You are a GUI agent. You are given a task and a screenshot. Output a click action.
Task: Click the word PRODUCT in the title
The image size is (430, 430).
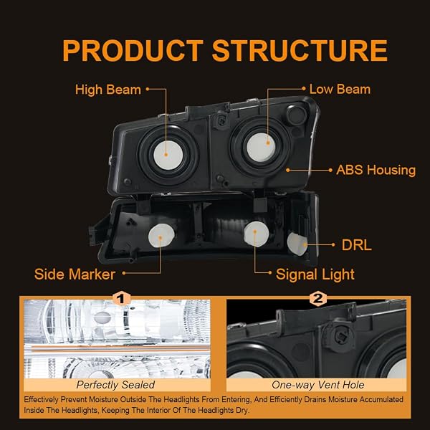point(133,51)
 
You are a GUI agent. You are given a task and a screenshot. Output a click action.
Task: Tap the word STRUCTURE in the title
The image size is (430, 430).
point(300,51)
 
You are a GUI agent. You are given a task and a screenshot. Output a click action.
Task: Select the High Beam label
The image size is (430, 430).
point(108,90)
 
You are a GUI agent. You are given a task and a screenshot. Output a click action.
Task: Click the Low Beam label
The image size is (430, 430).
point(340,89)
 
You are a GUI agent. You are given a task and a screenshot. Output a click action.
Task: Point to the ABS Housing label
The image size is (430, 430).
point(376,170)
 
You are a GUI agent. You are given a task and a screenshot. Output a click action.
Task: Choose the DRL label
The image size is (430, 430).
point(356,245)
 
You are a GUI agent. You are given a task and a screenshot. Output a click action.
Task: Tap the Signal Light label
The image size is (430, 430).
point(315,274)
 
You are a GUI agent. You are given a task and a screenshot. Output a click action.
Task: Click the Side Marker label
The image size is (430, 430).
point(75,274)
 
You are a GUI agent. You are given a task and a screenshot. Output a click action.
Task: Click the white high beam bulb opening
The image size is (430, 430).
point(168,156)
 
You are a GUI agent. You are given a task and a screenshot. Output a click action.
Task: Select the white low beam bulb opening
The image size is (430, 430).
point(262,148)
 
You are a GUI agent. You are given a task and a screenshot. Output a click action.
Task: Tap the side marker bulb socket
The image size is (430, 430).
point(161,236)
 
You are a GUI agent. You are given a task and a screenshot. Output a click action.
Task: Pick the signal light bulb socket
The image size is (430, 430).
point(256,234)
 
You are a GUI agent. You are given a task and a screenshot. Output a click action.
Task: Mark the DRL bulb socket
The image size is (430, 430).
point(297,244)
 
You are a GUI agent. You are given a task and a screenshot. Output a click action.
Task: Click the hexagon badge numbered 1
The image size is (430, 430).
point(122,298)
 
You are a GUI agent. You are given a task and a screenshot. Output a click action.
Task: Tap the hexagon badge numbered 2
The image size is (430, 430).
point(317,298)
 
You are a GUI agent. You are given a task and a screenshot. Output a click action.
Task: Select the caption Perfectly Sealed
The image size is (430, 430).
point(115,385)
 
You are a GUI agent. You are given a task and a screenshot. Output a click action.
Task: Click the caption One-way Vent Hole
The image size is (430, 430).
point(317,385)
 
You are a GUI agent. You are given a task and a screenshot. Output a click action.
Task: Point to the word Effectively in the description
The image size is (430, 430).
point(41,400)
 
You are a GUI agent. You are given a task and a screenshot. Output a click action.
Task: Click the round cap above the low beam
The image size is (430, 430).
point(296,114)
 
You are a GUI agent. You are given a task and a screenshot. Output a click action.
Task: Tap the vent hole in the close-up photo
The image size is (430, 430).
point(340,336)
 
